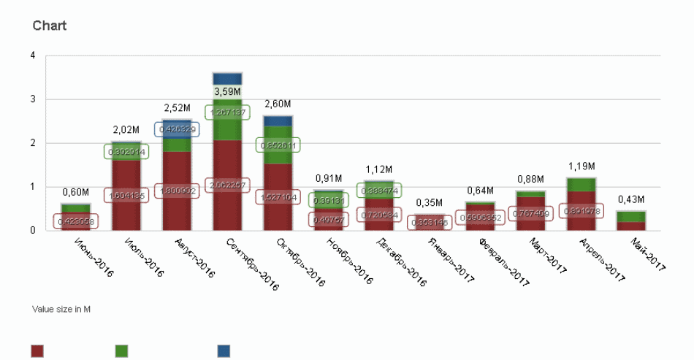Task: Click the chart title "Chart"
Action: pos(50,26)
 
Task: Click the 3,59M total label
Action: pos(227,91)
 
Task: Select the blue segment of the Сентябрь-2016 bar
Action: pos(227,78)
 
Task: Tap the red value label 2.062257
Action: pos(227,185)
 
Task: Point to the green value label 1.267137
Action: pos(227,112)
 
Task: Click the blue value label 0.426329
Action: pos(176,129)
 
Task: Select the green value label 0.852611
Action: pos(278,145)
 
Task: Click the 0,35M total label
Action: pos(429,203)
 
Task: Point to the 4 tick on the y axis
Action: pos(32,55)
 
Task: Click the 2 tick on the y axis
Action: pos(32,143)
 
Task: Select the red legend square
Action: pos(37,351)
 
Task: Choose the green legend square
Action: pos(122,351)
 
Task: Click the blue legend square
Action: pos(224,351)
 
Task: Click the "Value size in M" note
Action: pos(61,309)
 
